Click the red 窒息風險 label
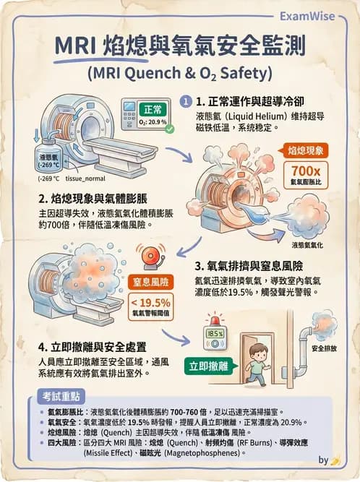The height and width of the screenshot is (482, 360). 150,281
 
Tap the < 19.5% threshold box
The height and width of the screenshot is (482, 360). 150,306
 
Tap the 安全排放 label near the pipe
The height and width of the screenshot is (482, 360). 325,348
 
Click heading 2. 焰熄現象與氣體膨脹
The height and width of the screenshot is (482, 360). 95,197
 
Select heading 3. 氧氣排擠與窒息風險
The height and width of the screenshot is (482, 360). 252,263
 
